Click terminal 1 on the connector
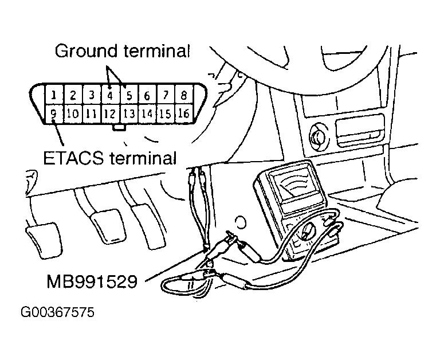(x=53, y=95)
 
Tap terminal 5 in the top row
(x=129, y=95)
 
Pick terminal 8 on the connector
(x=183, y=95)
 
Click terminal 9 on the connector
(x=53, y=114)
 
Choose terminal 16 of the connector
(x=183, y=114)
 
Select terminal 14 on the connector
(x=147, y=114)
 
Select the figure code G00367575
(x=57, y=314)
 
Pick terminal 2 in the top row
(x=72, y=95)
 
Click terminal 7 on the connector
(x=166, y=95)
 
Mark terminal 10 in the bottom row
(x=72, y=114)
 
